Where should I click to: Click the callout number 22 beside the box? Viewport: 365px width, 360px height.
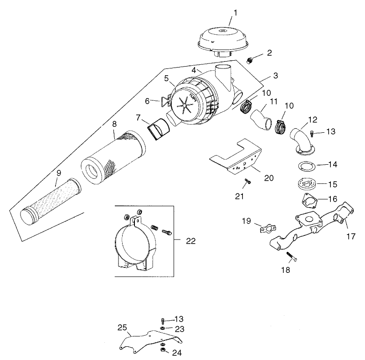(x=190, y=241)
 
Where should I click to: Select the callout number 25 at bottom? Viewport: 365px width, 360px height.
(x=122, y=328)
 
